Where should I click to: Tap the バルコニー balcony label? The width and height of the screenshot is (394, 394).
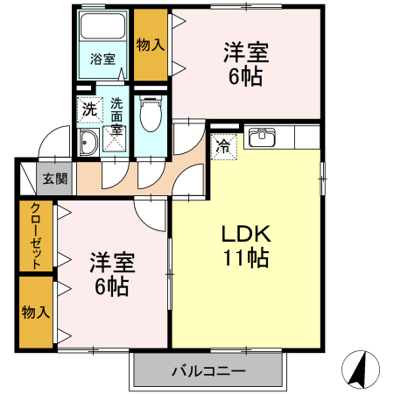tap(208, 371)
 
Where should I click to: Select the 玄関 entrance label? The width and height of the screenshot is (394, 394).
tap(54, 179)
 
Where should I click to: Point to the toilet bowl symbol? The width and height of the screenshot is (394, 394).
tap(151, 111)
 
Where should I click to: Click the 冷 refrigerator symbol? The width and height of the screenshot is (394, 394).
tap(223, 146)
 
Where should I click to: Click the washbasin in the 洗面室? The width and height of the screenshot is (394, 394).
tap(88, 144)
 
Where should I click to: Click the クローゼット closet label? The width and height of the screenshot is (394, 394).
tap(37, 236)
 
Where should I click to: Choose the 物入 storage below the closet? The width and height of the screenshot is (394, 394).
tap(37, 311)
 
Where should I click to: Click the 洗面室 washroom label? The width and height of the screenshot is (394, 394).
tap(116, 116)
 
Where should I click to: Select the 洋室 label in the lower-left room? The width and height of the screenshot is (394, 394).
tap(109, 261)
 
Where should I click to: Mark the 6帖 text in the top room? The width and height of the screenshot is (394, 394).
tap(246, 77)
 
